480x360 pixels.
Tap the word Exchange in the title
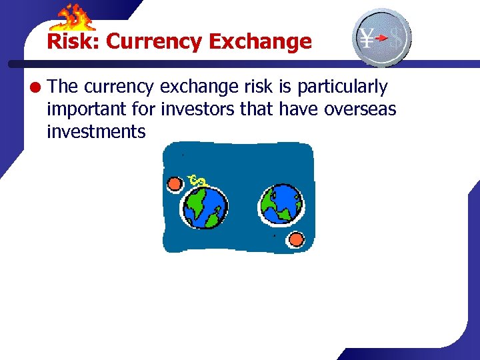pos(260,41)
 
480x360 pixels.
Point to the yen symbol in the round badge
pos(367,38)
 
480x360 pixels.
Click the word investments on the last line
pos(96,131)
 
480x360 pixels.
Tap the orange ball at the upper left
pos(175,183)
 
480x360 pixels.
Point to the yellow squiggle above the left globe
pos(197,179)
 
